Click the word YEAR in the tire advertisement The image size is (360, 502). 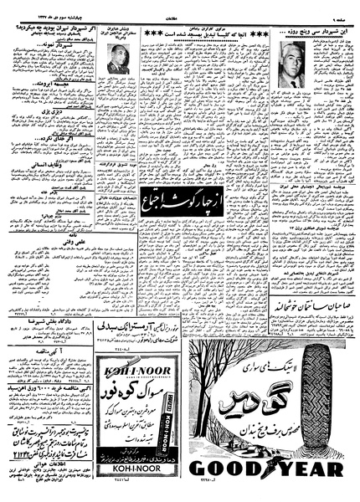coord(310,469)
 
